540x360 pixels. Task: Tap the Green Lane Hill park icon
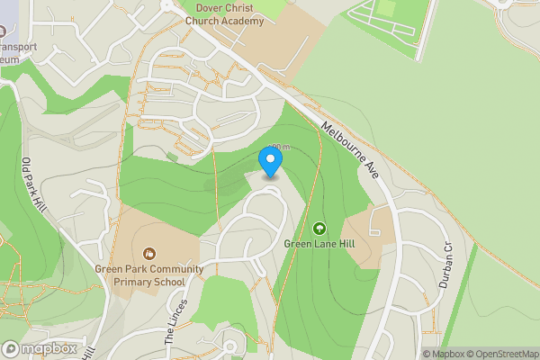[x=319, y=228]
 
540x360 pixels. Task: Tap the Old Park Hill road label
[x=33, y=185]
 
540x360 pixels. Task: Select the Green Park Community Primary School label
[x=148, y=274]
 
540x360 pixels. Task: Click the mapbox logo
[x=40, y=348]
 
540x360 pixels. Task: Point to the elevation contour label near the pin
[x=280, y=147]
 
